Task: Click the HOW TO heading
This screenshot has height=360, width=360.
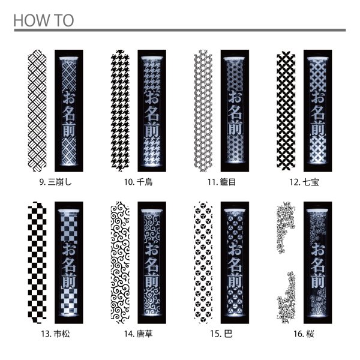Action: click(x=44, y=20)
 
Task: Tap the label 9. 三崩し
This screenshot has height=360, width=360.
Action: click(x=56, y=182)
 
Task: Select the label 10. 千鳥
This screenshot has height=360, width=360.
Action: click(x=139, y=182)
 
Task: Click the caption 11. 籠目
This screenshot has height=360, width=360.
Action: click(x=221, y=182)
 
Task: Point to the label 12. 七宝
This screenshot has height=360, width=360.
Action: click(x=304, y=182)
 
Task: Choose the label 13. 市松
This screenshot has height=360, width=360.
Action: click(x=55, y=334)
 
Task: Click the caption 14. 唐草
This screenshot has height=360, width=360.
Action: click(x=139, y=334)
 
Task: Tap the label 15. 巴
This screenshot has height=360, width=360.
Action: click(x=221, y=334)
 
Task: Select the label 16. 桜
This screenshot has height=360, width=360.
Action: click(x=304, y=334)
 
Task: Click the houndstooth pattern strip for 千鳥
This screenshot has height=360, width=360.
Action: click(x=120, y=110)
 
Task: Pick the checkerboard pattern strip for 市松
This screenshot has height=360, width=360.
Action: click(x=37, y=263)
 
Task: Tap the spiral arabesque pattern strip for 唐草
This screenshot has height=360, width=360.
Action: click(x=120, y=263)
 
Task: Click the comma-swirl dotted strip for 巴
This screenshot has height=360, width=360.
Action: click(x=203, y=263)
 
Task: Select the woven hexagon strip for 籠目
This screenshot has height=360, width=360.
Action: click(x=203, y=110)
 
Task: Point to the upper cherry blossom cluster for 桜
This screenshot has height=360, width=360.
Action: click(x=286, y=227)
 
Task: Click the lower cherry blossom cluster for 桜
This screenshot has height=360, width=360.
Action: click(x=286, y=298)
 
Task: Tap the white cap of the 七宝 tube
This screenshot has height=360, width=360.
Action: click(x=318, y=59)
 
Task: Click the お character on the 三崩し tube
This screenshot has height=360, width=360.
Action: click(x=69, y=97)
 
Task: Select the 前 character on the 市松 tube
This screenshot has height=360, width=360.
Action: click(x=69, y=281)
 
